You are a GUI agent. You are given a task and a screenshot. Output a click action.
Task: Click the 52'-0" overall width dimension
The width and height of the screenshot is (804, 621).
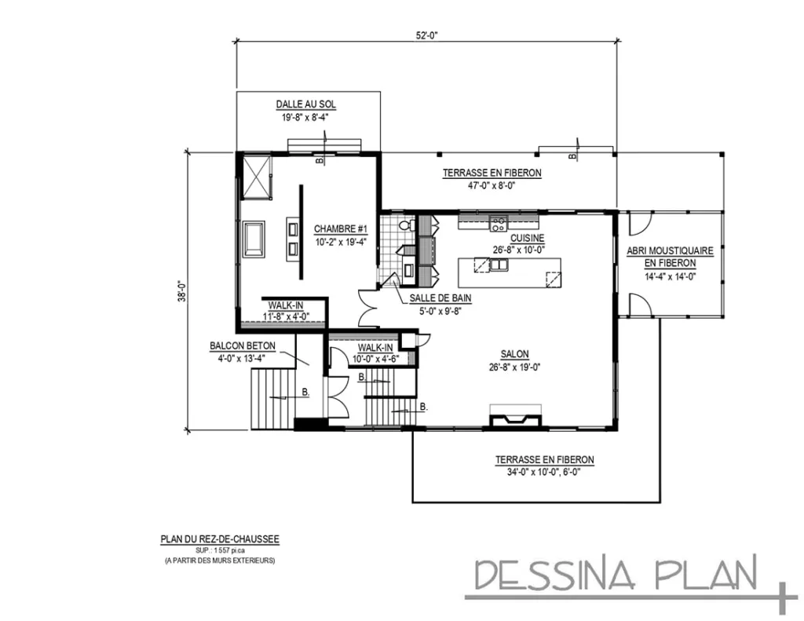[426, 35]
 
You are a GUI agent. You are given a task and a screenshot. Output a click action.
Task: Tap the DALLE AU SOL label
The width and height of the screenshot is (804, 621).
[306, 104]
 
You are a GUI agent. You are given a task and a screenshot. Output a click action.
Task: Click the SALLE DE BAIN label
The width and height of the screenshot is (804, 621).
[440, 298]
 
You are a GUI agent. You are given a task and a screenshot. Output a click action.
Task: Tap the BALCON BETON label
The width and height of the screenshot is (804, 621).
[240, 345]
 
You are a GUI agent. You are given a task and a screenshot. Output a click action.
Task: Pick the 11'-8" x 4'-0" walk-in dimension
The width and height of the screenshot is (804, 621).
[286, 316]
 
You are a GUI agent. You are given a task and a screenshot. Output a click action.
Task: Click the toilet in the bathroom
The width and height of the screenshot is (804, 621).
[405, 225]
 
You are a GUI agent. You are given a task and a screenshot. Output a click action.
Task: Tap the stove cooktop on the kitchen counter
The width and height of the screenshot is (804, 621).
[498, 224]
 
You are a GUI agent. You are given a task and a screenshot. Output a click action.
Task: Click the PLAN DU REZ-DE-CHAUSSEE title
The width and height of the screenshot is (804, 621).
[220, 539]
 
